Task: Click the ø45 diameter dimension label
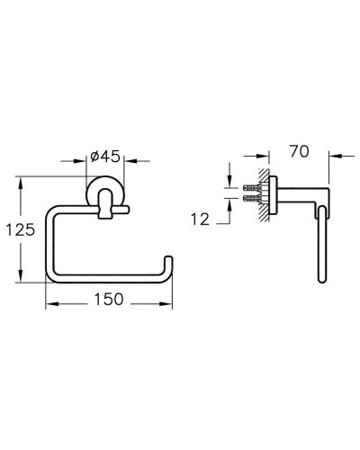[105, 157]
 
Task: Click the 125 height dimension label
[21, 230]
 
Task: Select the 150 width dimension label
[109, 299]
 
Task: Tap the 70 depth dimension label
[299, 151]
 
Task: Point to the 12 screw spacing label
[200, 220]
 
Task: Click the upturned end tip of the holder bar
[169, 256]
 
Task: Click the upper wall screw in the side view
[251, 188]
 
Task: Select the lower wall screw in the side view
[251, 198]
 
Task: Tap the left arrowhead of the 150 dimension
[51, 304]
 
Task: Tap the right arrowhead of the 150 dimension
[166, 304]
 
